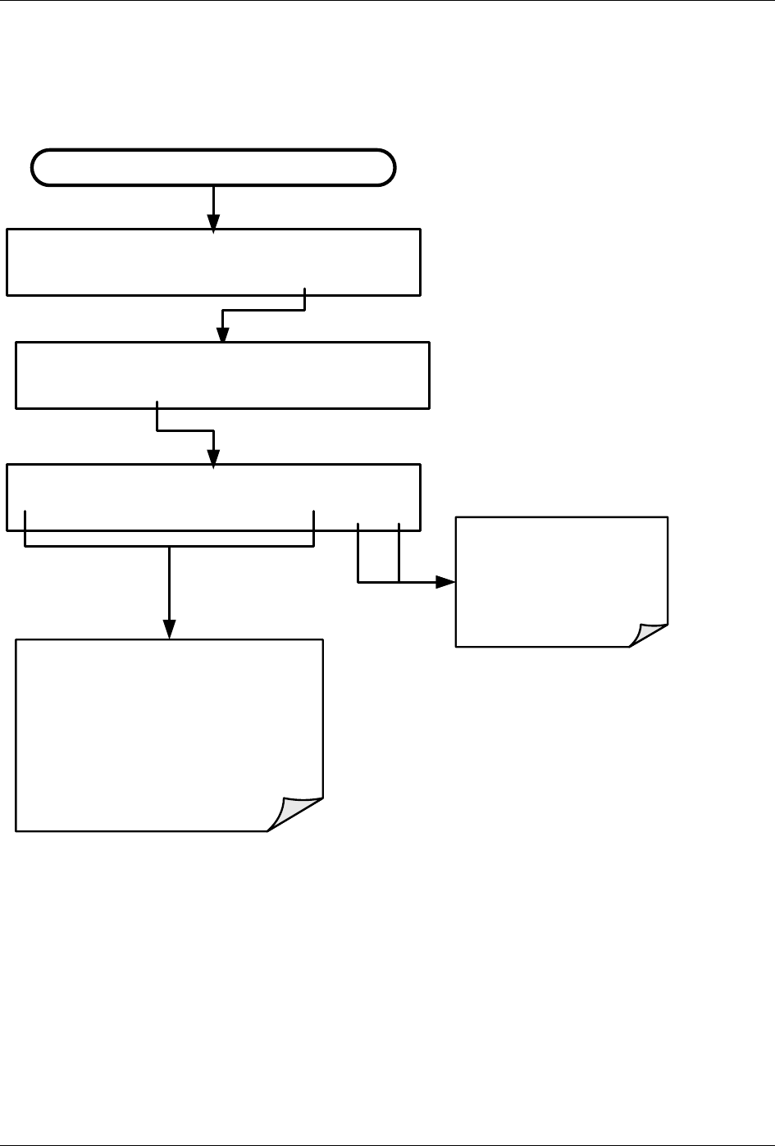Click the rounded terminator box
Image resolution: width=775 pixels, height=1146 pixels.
click(213, 168)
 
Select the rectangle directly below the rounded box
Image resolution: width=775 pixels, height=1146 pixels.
click(213, 261)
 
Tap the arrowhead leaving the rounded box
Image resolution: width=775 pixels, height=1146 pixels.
click(213, 222)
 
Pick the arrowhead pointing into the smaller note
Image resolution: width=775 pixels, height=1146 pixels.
click(445, 582)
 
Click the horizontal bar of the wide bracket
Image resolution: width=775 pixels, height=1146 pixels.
click(170, 547)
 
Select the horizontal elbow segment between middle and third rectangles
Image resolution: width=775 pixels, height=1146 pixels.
click(185, 430)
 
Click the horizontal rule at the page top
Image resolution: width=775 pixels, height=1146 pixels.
click(387, 1)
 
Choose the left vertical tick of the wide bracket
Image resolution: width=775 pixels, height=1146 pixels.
click(25, 529)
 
